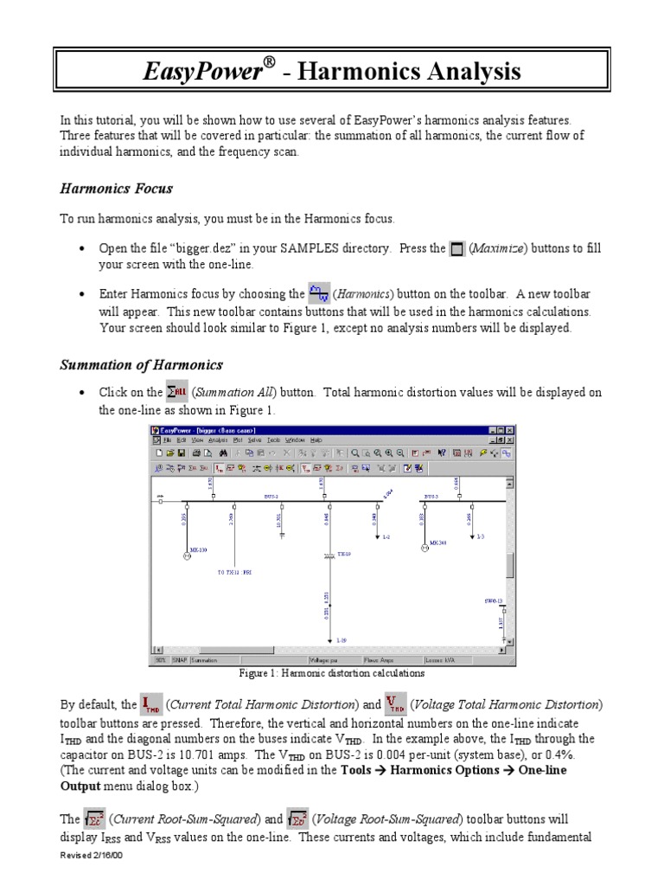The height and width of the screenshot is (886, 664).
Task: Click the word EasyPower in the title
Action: point(202,71)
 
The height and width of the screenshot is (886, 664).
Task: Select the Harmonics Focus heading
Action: point(116,188)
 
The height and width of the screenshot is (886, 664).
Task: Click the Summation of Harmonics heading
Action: point(141,364)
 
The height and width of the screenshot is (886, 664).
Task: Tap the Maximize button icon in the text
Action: point(458,249)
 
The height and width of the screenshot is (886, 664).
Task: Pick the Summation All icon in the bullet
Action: point(176,393)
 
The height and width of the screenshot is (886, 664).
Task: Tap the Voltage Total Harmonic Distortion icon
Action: point(396,703)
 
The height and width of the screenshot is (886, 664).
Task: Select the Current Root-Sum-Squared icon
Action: point(94,818)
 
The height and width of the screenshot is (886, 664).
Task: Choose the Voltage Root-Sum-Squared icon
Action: point(298,818)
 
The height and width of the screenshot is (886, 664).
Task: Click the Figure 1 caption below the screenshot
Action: point(331,673)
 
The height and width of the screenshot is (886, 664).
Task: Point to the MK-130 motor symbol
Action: point(187,555)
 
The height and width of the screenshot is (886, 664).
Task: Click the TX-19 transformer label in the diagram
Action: point(343,554)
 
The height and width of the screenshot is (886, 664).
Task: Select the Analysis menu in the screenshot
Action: point(218,440)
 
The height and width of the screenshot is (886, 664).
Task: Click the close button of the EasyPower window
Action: point(509,430)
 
